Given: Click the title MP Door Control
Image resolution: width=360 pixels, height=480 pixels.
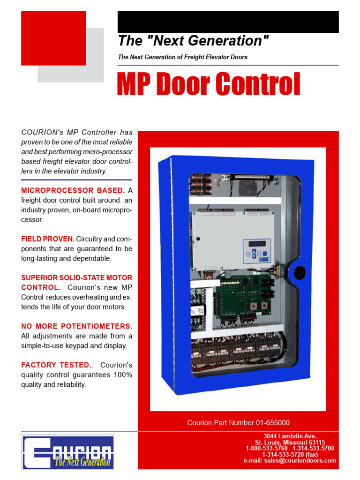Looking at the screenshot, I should (x=209, y=85).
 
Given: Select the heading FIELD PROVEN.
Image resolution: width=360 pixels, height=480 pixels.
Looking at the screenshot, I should (x=48, y=239).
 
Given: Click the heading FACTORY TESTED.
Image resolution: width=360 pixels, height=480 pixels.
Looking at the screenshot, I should (x=56, y=365).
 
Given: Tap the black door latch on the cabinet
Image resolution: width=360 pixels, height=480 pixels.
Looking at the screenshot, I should (x=299, y=271).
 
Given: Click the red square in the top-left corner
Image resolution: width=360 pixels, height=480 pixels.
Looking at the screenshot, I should (x=53, y=38).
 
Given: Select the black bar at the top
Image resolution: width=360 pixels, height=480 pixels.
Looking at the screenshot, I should (x=228, y=22).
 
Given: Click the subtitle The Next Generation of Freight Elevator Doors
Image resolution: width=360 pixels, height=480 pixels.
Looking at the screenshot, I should (x=183, y=57).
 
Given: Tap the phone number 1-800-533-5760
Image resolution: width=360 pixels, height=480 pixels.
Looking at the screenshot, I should (x=266, y=448).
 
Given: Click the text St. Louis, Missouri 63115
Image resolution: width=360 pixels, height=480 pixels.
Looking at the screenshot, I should (x=290, y=442).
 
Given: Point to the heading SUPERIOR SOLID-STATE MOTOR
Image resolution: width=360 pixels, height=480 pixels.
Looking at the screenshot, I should (x=77, y=278).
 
